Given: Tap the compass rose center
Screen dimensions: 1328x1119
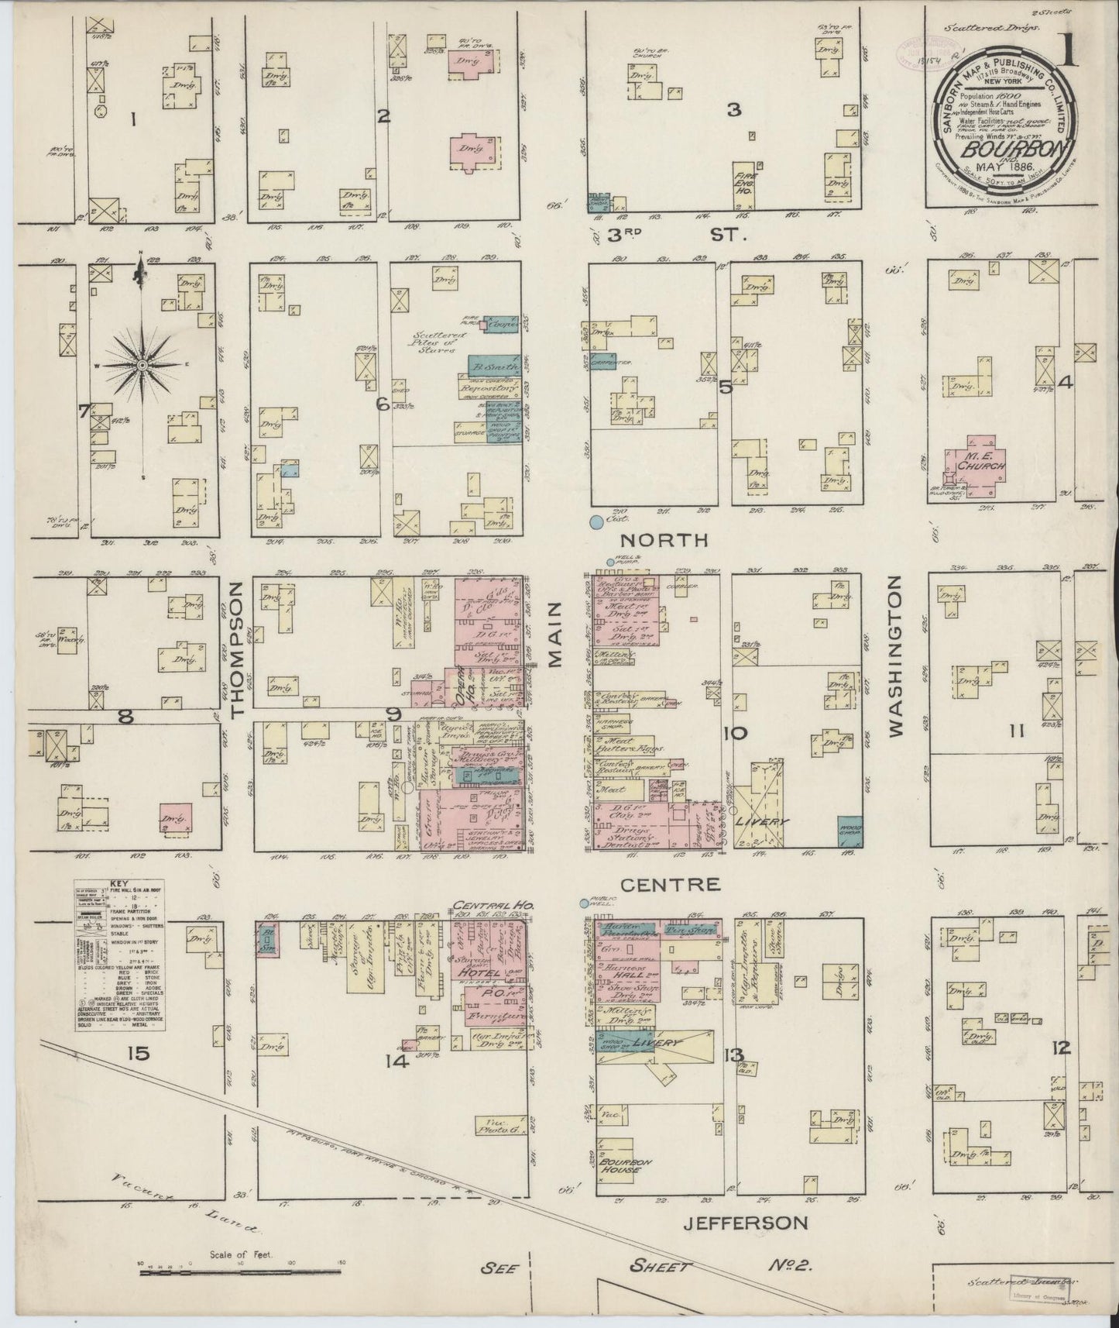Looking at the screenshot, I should (143, 364).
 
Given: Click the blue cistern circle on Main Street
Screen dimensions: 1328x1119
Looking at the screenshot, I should (596, 523).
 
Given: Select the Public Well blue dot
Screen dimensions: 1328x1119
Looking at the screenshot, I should (584, 903).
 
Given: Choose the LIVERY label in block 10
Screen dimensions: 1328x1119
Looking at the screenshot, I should (768, 821).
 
